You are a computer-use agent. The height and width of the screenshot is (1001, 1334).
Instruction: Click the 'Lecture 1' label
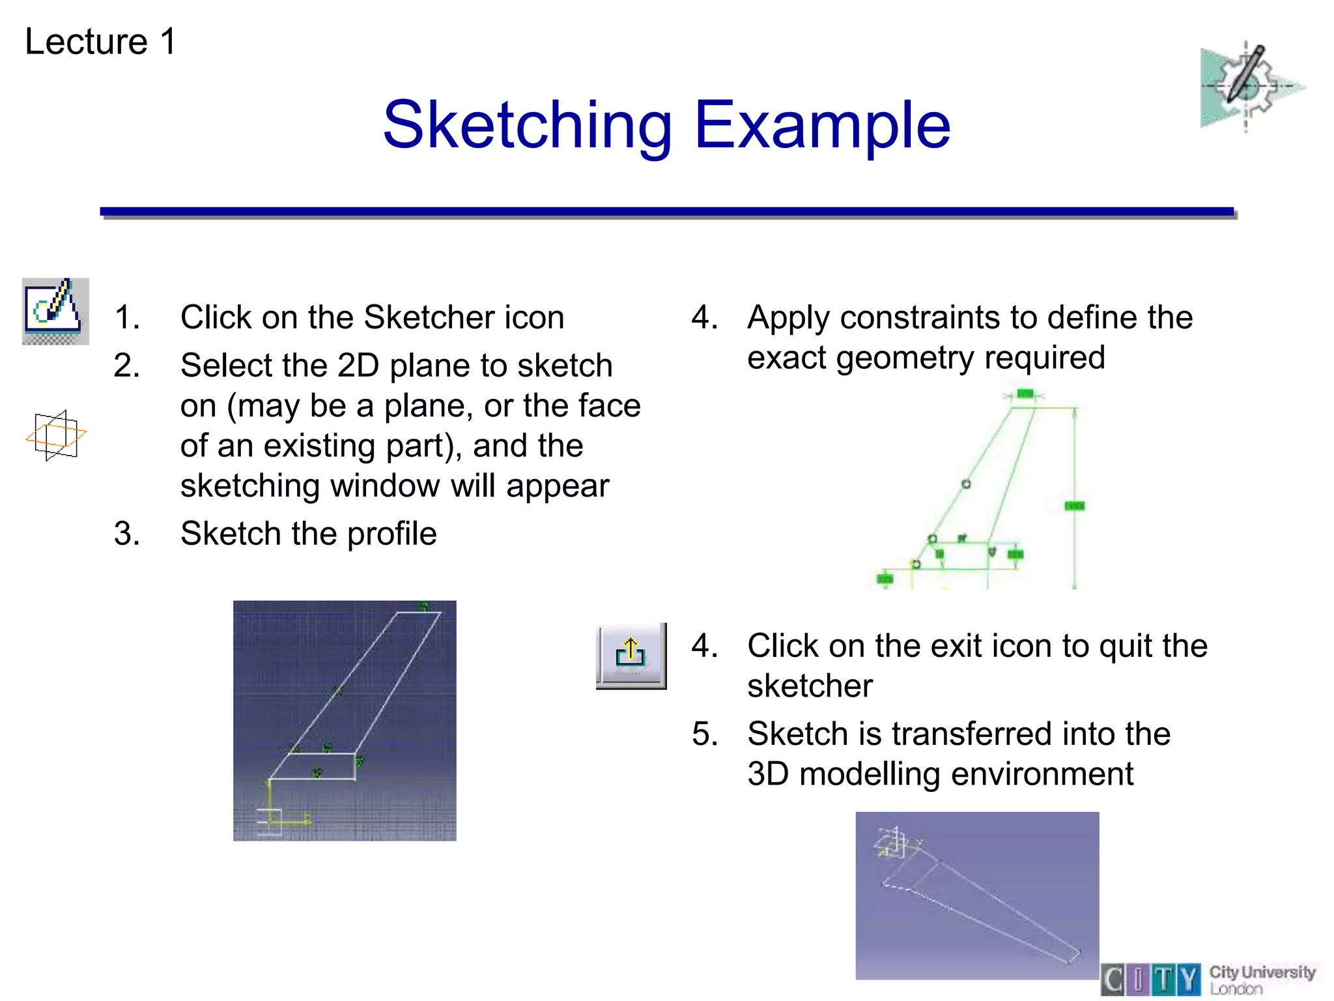point(100,42)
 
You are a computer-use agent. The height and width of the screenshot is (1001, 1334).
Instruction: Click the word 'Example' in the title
point(822,125)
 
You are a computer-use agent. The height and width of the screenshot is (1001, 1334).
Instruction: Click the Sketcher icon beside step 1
point(55,311)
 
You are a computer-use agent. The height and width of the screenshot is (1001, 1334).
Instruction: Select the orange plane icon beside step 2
point(56,435)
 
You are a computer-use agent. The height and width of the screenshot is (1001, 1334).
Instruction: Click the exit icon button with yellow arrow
point(631,655)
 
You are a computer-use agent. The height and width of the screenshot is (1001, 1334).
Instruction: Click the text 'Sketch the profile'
point(308,534)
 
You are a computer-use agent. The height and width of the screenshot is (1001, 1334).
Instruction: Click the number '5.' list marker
point(705,734)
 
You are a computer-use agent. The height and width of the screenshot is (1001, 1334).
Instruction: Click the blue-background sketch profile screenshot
point(345,720)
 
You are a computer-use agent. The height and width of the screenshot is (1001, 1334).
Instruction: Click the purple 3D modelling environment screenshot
point(976,895)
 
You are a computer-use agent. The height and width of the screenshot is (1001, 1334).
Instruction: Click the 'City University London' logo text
point(1261,979)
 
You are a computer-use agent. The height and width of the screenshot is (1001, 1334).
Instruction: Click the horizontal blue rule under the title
point(667,212)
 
